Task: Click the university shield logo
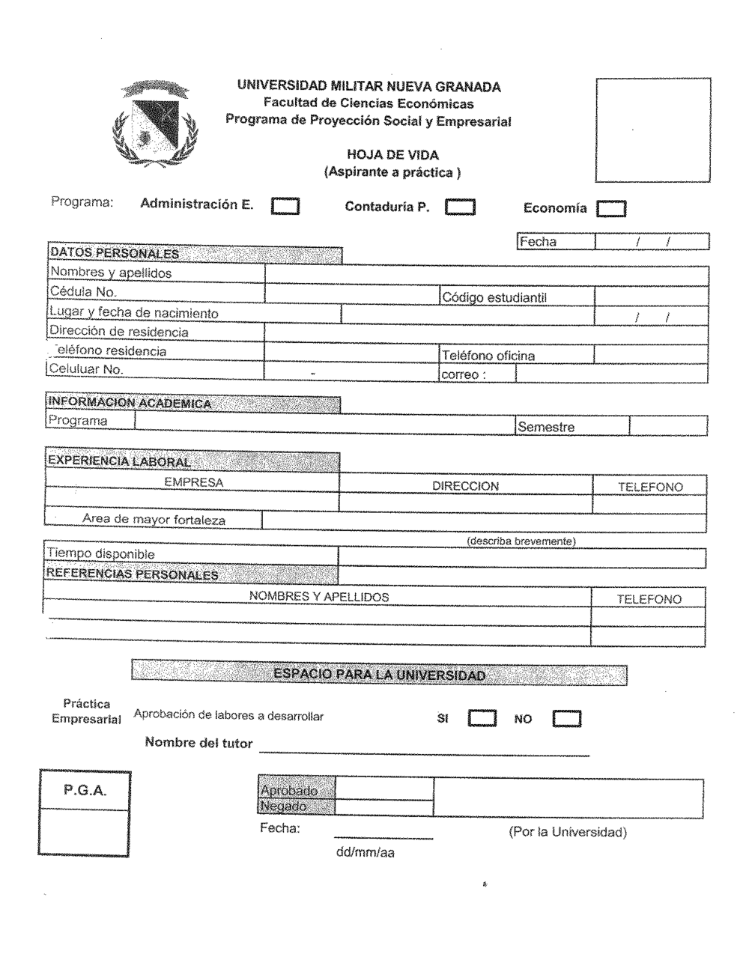(x=154, y=124)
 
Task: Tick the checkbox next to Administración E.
(x=285, y=206)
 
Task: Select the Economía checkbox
(x=611, y=209)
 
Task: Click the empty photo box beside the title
(x=652, y=130)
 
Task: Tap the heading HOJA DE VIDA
(x=392, y=155)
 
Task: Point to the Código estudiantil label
(x=494, y=297)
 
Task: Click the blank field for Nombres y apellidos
(x=487, y=276)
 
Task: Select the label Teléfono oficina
(x=488, y=356)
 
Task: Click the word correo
(x=460, y=374)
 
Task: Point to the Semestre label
(x=546, y=427)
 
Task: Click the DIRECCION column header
(x=465, y=486)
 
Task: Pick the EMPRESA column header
(x=193, y=482)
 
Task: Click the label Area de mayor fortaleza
(x=154, y=519)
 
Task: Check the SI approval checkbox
(x=482, y=718)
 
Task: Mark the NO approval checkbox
(x=566, y=719)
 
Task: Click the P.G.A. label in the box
(x=84, y=790)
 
